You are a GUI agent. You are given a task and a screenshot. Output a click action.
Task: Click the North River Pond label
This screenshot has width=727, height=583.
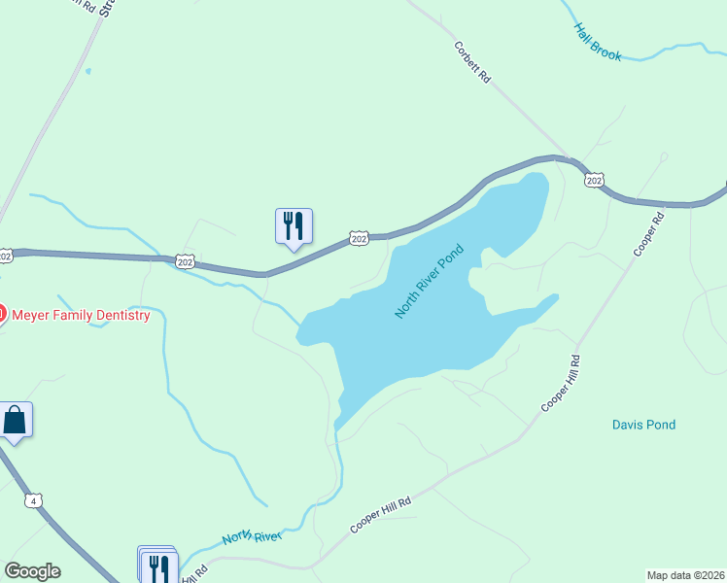point(430,282)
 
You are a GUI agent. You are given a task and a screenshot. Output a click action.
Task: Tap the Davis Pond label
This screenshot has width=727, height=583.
point(643,425)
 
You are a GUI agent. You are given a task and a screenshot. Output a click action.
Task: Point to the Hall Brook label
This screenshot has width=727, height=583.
point(598,43)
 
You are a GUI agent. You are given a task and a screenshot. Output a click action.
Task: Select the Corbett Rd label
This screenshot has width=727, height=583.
point(472,61)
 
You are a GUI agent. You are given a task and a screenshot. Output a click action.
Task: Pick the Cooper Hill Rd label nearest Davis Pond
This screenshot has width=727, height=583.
point(561,383)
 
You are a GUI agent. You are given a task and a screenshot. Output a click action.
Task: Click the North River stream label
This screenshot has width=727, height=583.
point(252,536)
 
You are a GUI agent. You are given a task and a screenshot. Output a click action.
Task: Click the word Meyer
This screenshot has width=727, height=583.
point(32,315)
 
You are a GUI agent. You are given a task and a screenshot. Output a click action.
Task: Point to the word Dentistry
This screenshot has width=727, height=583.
point(121,315)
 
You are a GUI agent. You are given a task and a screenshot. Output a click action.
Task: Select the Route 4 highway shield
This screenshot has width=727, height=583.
point(34,500)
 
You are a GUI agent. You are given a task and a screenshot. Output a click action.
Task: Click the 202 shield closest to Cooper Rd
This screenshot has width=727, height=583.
point(595,180)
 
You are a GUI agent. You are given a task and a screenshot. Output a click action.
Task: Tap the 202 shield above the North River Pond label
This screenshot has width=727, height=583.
point(359,238)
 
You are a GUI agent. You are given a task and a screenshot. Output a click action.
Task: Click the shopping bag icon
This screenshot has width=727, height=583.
point(15,421)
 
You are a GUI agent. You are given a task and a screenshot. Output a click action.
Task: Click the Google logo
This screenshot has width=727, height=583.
point(32,571)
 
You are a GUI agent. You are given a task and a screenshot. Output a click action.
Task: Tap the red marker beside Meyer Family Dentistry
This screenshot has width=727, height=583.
point(2,314)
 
